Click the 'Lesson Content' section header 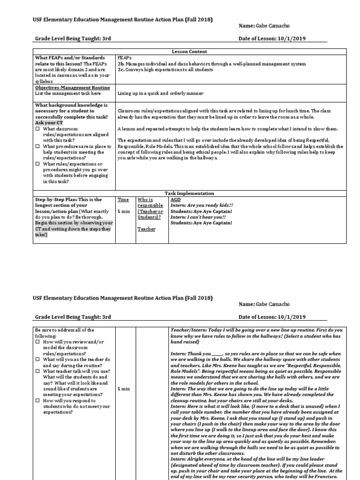pos(190,52)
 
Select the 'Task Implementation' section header pos(190,193)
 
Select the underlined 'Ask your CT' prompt pos(48,123)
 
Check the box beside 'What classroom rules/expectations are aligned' pos(37,129)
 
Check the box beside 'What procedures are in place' pos(37,146)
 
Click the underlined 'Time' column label pos(122,199)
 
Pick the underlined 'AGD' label pos(175,199)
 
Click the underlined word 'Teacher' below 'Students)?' pos(146,229)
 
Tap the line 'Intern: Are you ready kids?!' pos(202,205)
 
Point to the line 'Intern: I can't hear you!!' pos(198,217)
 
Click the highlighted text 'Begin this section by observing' pos(74,223)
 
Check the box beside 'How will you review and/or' pos(37,342)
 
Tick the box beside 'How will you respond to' pos(37,401)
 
